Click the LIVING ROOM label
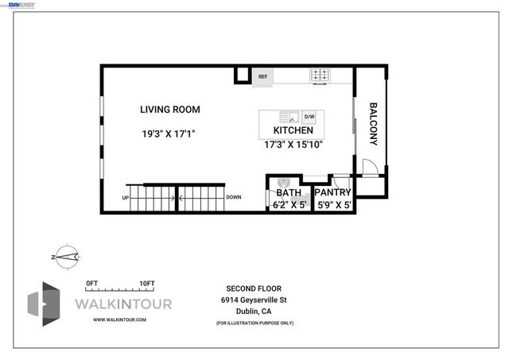[x=170, y=110]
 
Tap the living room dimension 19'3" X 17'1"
[x=168, y=134]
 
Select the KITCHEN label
[x=293, y=130]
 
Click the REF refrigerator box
[x=262, y=77]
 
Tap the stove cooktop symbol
[x=321, y=76]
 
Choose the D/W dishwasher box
[x=309, y=117]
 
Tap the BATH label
[x=288, y=192]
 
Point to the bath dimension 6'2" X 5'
[x=289, y=205]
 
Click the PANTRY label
[x=333, y=192]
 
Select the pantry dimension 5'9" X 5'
[x=333, y=205]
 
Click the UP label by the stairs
[x=126, y=198]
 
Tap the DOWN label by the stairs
[x=234, y=198]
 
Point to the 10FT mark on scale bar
[x=146, y=283]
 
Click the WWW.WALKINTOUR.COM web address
[x=119, y=319]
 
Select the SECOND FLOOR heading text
[x=254, y=288]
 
